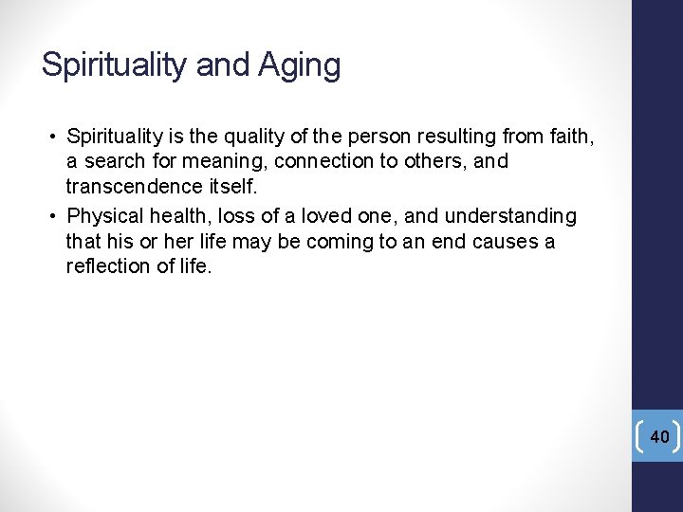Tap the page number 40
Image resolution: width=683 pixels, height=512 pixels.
click(659, 436)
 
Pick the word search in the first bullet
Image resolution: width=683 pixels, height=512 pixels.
click(115, 162)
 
